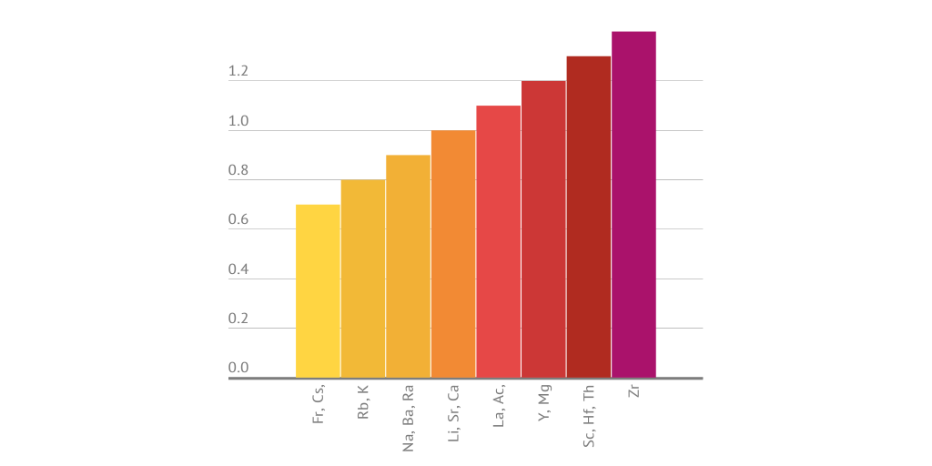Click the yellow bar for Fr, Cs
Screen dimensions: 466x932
318,290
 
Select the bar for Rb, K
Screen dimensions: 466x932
363,278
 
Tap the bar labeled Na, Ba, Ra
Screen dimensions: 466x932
408,266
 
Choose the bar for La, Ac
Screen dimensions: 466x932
498,241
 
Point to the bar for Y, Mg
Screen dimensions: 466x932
543,228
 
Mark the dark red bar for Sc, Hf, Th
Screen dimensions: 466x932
588,217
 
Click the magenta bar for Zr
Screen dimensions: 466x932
633,204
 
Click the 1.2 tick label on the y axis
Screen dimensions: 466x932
238,72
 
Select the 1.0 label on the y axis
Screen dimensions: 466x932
238,122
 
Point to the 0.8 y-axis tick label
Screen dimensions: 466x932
238,171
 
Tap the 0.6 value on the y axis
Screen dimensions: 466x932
238,220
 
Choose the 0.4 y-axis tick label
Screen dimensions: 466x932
238,270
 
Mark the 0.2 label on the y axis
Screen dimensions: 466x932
238,319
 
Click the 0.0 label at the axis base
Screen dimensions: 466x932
238,368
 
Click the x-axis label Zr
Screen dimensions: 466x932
634,391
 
